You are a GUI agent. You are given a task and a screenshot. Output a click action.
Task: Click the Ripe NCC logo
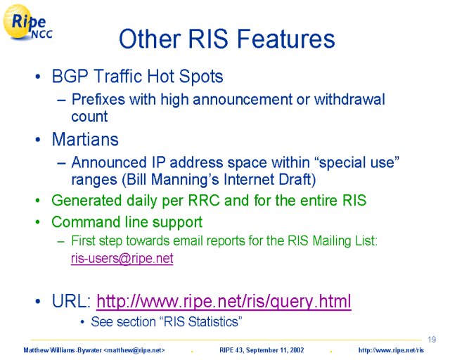[28, 22]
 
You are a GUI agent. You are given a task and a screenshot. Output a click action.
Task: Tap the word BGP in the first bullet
[70, 77]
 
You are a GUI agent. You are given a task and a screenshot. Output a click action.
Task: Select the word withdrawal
[349, 99]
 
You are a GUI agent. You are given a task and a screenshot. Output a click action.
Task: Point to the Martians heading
[85, 139]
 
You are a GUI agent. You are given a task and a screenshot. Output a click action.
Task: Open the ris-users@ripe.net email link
[122, 258]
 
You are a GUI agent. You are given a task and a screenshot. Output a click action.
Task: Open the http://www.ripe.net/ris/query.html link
[224, 301]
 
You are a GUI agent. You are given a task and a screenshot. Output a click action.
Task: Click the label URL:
[72, 301]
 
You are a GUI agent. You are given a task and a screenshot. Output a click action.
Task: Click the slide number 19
[432, 340]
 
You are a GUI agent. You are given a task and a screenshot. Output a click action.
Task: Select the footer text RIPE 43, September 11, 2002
[262, 350]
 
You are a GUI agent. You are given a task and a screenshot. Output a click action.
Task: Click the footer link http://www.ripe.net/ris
[391, 350]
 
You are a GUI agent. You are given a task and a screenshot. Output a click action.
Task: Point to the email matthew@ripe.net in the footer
[134, 350]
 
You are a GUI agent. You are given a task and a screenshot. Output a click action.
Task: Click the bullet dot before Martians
[38, 140]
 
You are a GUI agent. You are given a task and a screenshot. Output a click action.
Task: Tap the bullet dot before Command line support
[38, 222]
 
